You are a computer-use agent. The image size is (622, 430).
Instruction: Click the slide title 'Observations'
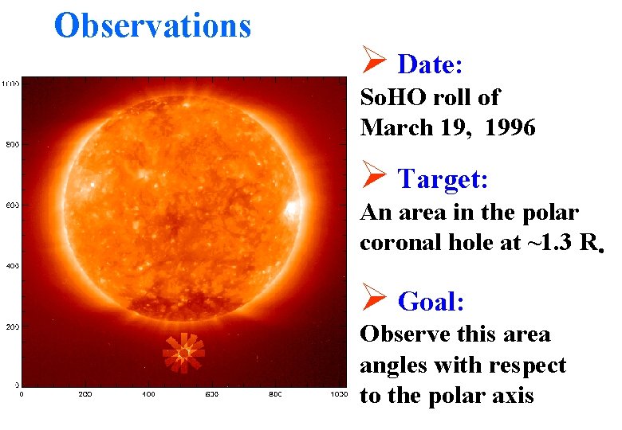pos(152,25)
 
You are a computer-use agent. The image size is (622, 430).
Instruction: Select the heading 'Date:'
pos(431,63)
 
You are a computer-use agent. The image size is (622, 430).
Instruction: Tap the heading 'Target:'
pos(443,179)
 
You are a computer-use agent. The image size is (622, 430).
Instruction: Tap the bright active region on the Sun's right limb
pos(291,210)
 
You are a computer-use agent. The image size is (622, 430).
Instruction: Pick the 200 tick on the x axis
pos(85,394)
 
